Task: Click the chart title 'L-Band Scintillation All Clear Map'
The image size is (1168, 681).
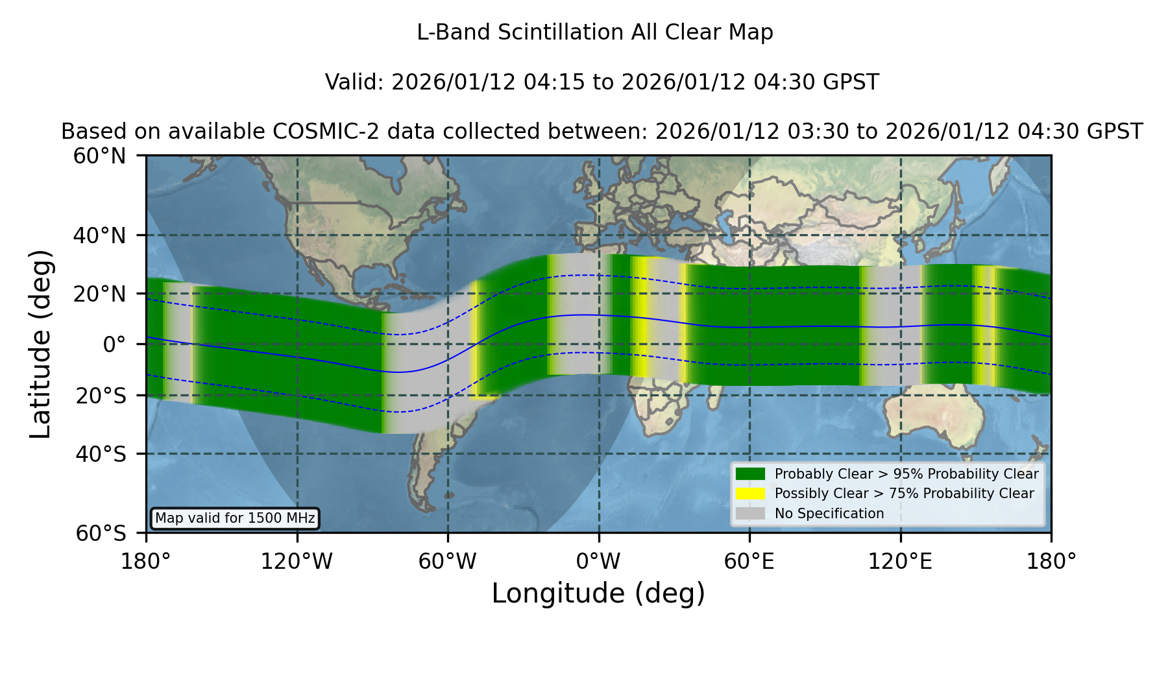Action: coord(594,32)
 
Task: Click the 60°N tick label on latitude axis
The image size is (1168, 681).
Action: coord(100,156)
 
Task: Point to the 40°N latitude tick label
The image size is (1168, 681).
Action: coord(100,235)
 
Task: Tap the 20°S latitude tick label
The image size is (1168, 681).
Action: coord(101,396)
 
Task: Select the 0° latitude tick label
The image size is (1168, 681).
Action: coord(114,344)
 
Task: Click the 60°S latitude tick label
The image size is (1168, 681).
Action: coord(101,534)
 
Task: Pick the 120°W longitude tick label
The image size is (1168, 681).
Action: coord(297,562)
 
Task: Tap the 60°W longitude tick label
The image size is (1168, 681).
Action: coord(448,562)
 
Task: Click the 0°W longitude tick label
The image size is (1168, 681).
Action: coord(598,562)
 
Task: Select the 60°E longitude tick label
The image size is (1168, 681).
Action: coord(749,562)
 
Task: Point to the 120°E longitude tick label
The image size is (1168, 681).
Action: coord(901,562)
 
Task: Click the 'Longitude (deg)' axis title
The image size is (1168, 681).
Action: coord(598,593)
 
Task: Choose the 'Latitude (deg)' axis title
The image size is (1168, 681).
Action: coord(40,344)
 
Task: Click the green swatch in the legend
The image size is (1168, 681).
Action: coord(750,473)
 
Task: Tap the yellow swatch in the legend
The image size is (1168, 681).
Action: coord(750,494)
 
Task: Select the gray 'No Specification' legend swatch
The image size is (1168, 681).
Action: coord(750,514)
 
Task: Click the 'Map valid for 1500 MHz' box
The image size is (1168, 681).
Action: coord(235,518)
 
